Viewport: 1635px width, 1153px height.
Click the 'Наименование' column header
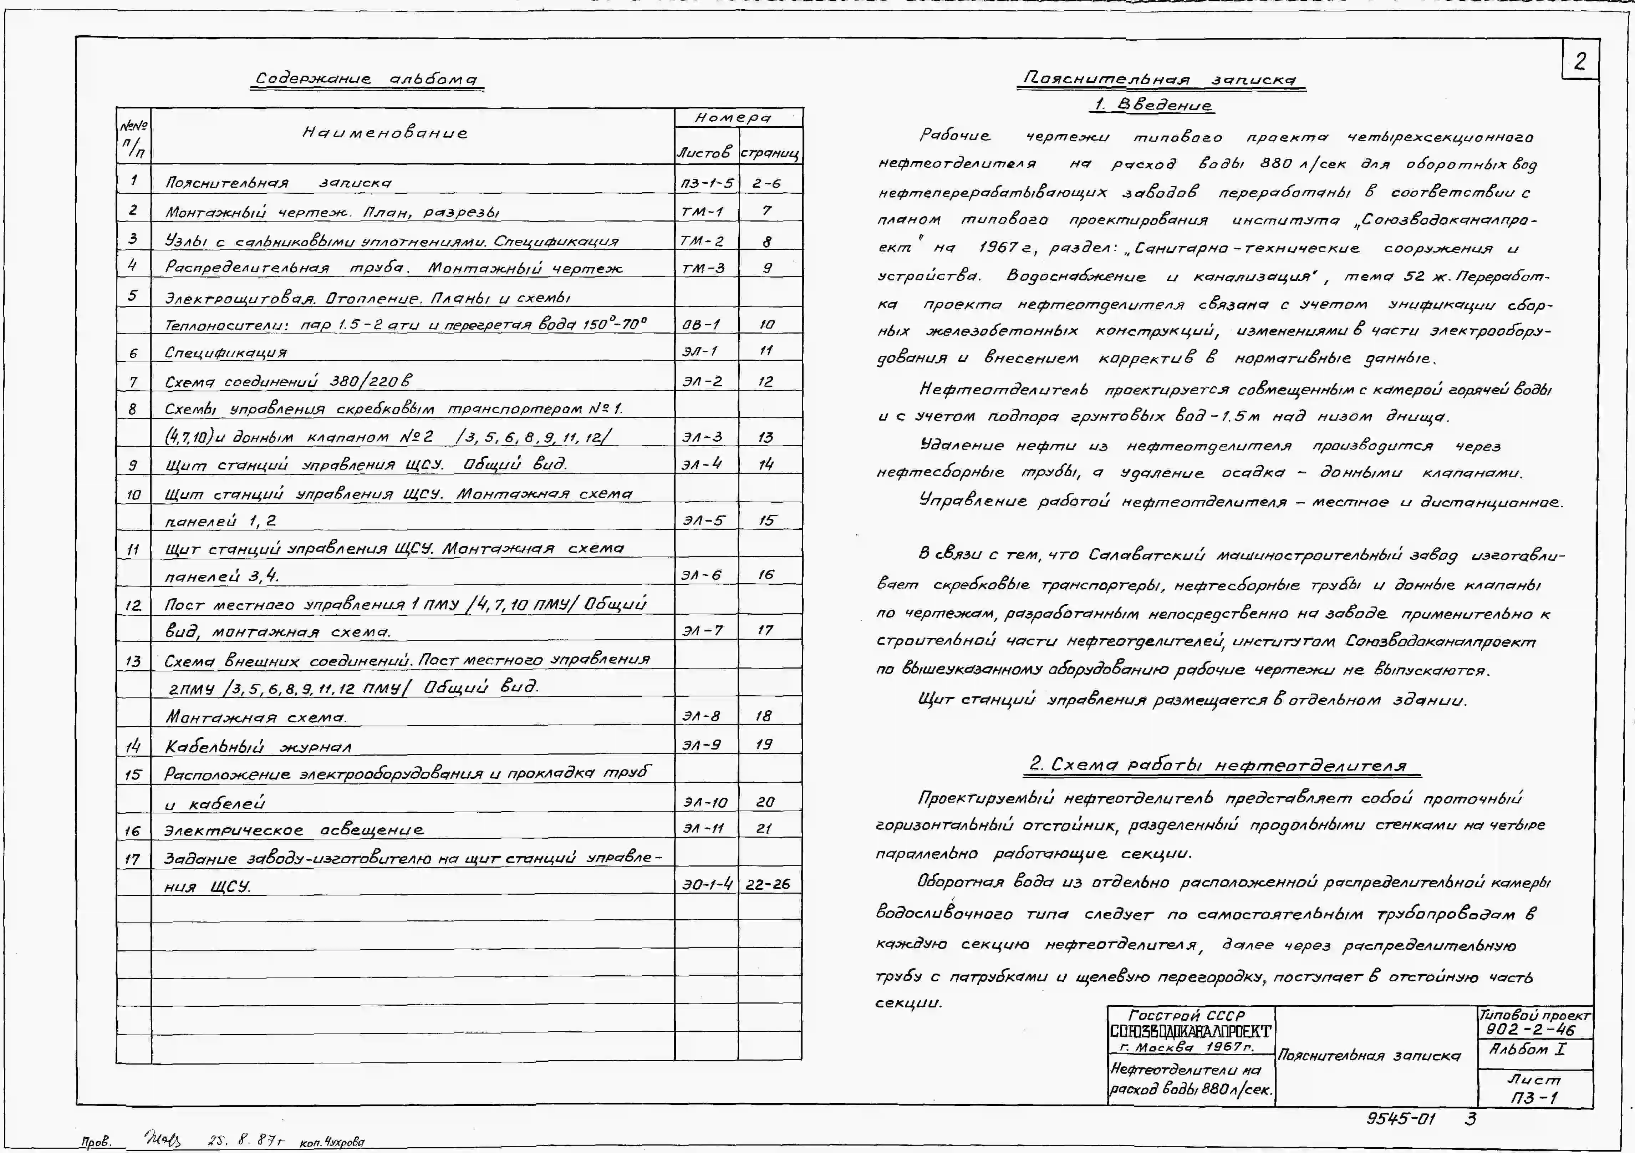(x=384, y=132)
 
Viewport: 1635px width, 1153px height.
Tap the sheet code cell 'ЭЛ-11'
(x=704, y=828)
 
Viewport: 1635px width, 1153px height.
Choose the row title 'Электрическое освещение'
(x=294, y=830)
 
